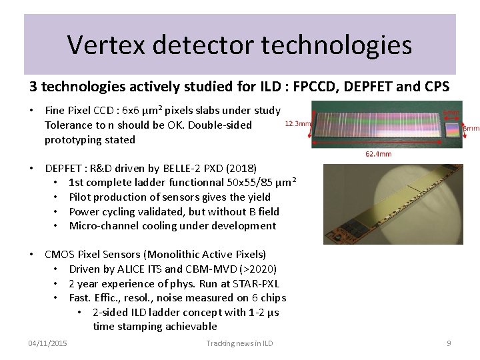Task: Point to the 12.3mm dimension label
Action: [x=297, y=123]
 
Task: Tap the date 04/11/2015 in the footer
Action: [x=47, y=343]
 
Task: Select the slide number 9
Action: [x=449, y=343]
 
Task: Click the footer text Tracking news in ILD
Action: [x=240, y=343]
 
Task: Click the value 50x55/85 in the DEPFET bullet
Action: [x=245, y=183]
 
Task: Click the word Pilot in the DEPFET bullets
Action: [x=81, y=197]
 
